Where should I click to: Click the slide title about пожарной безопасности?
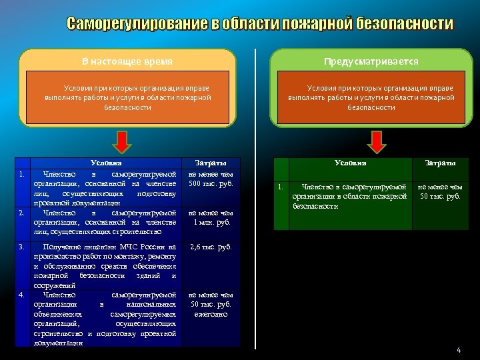point(259,25)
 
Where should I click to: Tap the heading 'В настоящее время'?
point(127,61)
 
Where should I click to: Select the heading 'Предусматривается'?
point(371,61)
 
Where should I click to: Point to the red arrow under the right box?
point(377,141)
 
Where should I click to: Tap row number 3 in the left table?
point(22,247)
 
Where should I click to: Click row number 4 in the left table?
point(22,294)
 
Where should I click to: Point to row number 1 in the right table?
point(281,187)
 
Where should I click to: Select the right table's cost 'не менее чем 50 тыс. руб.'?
point(440,192)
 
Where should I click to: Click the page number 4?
point(459,350)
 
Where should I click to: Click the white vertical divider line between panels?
point(256,200)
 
